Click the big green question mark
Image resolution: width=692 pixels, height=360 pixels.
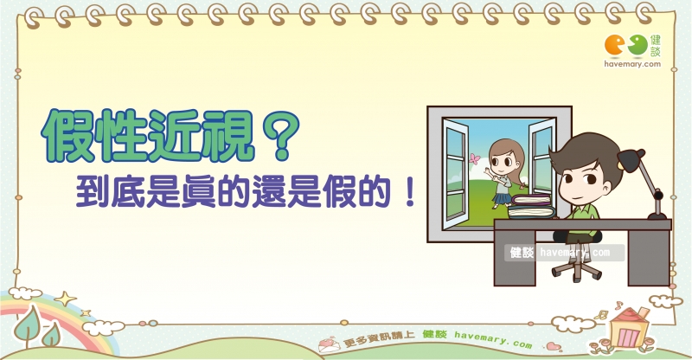point(280,135)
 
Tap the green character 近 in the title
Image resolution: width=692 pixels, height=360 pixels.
point(175,135)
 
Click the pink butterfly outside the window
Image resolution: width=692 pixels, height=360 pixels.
point(474,159)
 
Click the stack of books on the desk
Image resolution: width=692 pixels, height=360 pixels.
point(532,206)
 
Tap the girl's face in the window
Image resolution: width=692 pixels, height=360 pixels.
point(502,160)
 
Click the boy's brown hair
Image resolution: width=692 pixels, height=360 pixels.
point(587,151)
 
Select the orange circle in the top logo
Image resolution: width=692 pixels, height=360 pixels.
point(614,46)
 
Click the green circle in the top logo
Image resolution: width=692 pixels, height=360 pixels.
point(638,45)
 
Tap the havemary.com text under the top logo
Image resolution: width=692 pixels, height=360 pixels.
point(632,64)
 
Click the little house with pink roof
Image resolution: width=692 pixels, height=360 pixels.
point(629,328)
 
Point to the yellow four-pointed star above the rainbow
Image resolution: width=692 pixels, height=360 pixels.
point(66,299)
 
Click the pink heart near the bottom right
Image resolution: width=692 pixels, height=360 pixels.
point(554,346)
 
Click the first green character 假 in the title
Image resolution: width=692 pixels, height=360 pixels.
point(69,136)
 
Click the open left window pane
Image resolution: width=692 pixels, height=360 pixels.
point(456,174)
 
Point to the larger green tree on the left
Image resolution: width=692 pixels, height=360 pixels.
point(28,325)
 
